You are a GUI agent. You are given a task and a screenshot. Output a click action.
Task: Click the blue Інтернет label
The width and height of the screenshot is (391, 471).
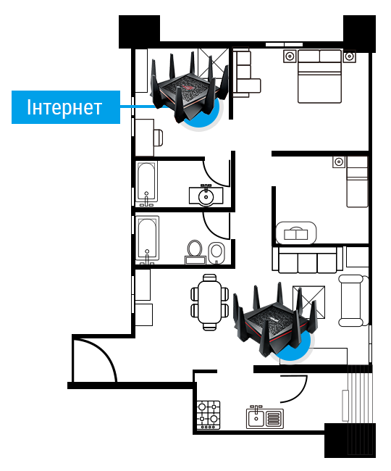coord(66,107)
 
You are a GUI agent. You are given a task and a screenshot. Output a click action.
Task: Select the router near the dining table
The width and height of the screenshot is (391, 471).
coord(274,321)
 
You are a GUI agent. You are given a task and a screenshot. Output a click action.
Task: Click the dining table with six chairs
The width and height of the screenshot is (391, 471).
coord(210,302)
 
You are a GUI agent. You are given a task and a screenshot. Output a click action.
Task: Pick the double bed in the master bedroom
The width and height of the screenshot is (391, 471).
coord(319,76)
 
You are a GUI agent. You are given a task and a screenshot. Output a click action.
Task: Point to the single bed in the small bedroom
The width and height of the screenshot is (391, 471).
coord(357,181)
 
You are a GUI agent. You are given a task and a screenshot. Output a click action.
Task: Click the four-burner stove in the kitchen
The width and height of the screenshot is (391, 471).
coord(209,414)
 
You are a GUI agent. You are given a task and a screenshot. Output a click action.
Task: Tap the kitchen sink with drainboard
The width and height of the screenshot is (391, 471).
coord(265,417)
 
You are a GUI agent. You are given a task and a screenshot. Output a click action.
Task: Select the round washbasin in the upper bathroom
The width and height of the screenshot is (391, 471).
coord(206,196)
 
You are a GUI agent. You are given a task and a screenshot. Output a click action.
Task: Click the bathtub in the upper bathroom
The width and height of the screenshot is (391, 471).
coord(146,183)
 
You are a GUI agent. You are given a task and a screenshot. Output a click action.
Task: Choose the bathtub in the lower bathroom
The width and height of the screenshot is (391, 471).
coord(147,238)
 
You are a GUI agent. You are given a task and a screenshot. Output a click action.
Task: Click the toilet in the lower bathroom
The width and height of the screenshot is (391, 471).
coord(195,251)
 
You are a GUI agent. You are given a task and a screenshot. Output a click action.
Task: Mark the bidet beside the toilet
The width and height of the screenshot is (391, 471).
coord(216,252)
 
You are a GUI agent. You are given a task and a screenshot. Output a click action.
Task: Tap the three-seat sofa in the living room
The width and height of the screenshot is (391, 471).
coord(307,260)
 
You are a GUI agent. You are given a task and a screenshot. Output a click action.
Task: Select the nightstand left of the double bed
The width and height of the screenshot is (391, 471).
coord(290,57)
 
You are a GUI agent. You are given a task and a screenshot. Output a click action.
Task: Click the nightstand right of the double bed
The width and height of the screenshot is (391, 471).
coord(349,57)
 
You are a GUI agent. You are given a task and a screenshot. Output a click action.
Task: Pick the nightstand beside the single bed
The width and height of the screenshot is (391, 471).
coord(339,162)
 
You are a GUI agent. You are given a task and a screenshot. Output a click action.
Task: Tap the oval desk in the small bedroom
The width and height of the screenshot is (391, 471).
coord(296,233)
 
